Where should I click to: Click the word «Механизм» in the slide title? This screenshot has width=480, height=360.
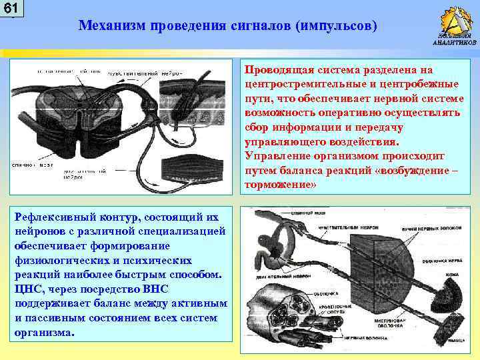pyautogui.click(x=110, y=26)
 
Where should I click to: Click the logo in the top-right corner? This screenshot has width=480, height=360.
pyautogui.click(x=454, y=23)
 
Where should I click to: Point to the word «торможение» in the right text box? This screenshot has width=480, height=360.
pyautogui.click(x=277, y=185)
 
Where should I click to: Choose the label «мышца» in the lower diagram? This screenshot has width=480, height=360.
pyautogui.click(x=456, y=340)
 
